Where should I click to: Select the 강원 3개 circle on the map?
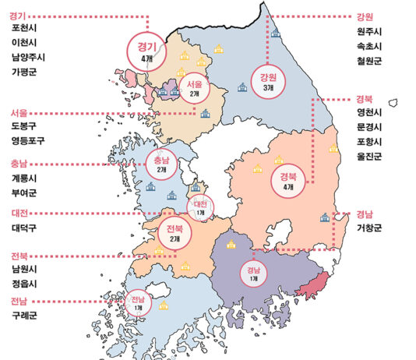click(268, 81)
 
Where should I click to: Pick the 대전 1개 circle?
click(200, 207)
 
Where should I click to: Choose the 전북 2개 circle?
click(175, 232)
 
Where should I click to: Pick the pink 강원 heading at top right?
click(365, 16)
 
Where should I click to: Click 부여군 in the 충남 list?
click(26, 193)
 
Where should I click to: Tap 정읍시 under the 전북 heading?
click(26, 284)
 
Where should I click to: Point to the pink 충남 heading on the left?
click(19, 164)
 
